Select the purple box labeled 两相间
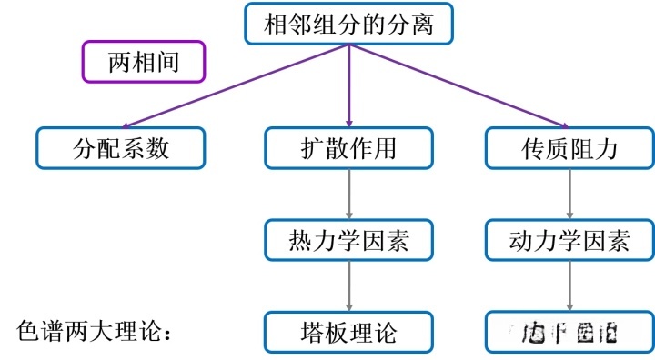click(144, 62)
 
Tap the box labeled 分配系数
click(121, 147)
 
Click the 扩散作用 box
click(349, 147)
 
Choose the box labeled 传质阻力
click(569, 147)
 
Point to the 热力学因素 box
click(349, 240)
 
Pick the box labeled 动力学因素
click(569, 240)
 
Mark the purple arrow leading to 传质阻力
click(459, 86)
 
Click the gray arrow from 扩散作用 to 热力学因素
click(349, 194)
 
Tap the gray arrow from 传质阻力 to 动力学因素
click(569, 194)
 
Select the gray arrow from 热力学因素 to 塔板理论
click(349, 286)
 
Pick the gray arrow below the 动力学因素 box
click(569, 286)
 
